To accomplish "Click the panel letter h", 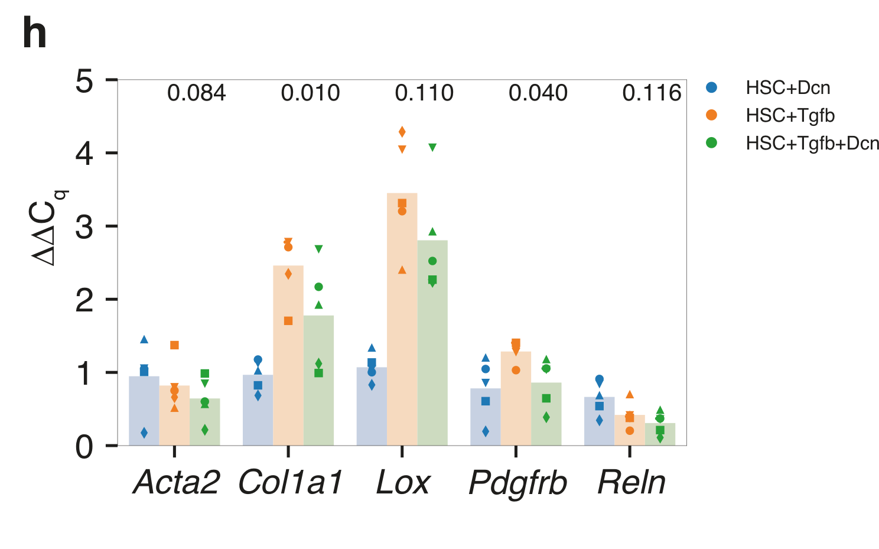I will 34,34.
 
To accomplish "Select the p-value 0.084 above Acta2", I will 196,93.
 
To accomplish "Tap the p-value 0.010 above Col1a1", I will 310,93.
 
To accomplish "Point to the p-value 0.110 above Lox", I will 424,93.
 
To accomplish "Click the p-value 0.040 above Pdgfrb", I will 538,93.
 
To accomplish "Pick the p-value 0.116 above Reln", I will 652,93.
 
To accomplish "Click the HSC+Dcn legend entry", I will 787,88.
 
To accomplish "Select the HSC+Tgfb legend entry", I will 790,116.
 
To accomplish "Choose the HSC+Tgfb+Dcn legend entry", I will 812,144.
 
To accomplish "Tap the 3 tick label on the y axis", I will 84,227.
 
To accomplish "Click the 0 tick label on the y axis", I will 84,447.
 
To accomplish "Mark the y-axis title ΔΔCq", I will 50,228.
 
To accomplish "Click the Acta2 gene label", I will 176,482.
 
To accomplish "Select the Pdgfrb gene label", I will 517,483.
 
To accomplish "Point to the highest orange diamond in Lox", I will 402,132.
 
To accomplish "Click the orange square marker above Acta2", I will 174,345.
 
